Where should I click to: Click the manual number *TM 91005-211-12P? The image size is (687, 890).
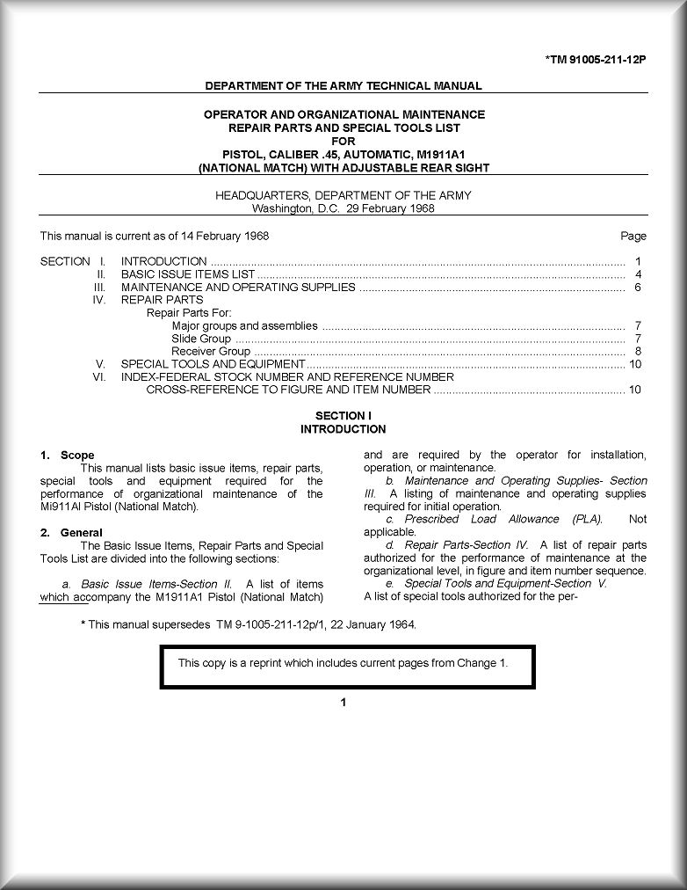pos(595,60)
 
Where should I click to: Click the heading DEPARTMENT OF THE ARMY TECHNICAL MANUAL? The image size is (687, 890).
pos(343,86)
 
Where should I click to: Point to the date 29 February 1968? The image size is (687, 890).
pos(391,208)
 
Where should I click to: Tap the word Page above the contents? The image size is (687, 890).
pos(633,236)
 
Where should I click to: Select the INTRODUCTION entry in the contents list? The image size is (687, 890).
pos(164,261)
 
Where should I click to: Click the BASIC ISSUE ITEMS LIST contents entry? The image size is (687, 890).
pos(188,274)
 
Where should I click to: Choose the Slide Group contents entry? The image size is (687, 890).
pos(201,339)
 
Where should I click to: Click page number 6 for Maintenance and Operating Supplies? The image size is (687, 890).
pos(638,288)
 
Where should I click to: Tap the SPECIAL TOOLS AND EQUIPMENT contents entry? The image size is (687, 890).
pos(213,364)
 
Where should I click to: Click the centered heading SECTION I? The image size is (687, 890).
pos(343,416)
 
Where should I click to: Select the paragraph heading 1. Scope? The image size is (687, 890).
pos(68,456)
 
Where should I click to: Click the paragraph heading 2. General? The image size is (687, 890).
pos(71,533)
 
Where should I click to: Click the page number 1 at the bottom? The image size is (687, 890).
pos(343,702)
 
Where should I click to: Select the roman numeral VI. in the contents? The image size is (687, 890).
pos(99,376)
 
